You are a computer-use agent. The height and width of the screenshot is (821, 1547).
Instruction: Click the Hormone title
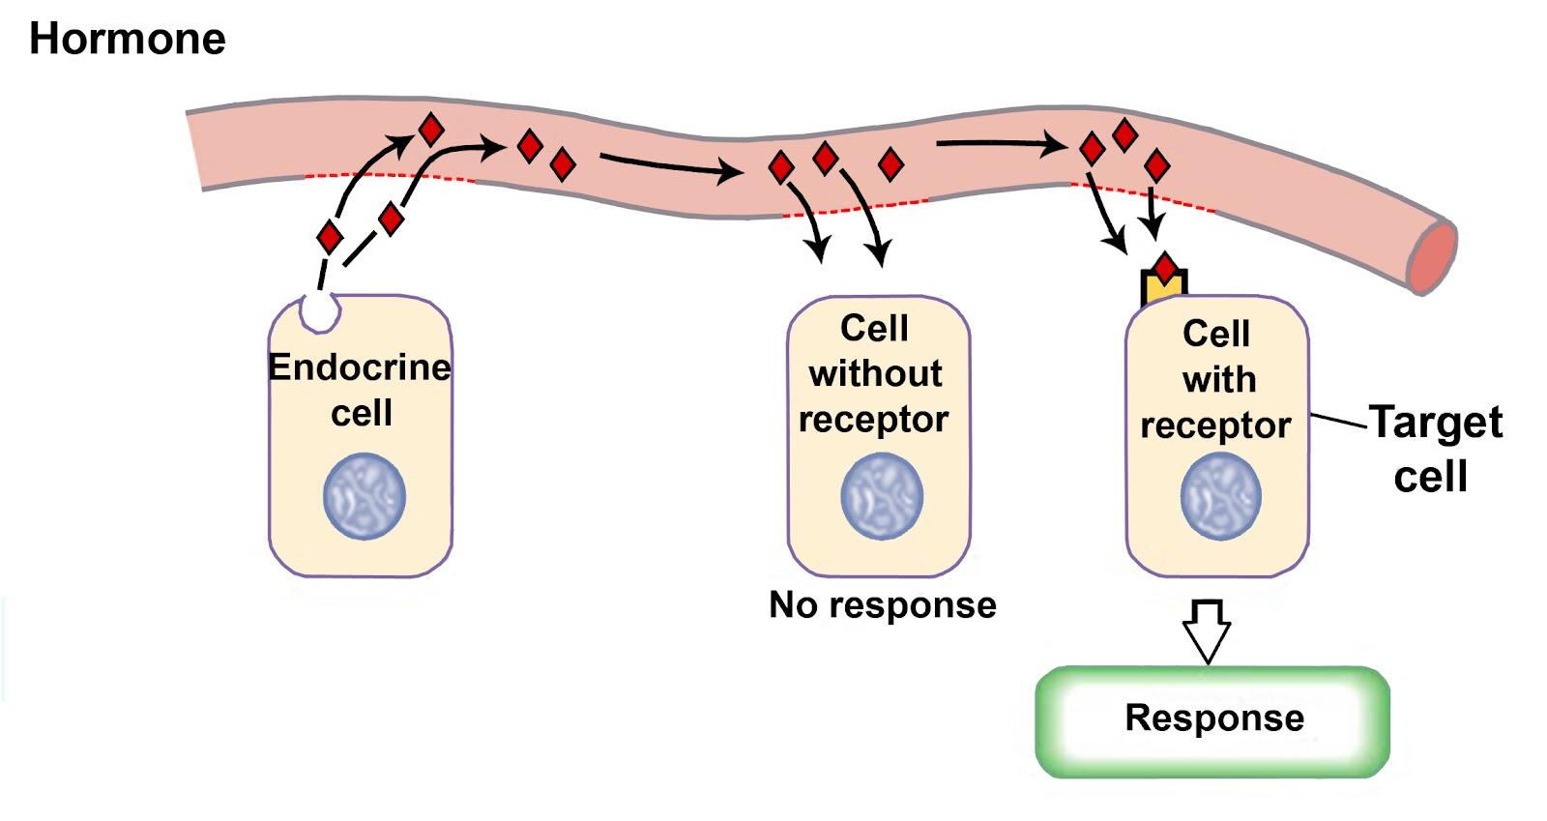[127, 40]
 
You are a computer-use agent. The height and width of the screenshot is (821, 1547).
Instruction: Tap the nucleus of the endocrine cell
[364, 497]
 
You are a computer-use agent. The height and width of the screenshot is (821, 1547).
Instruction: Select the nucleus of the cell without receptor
[881, 497]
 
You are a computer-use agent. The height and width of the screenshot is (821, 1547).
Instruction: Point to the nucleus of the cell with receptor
[1220, 497]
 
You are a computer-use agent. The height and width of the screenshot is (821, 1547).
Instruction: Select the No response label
[882, 605]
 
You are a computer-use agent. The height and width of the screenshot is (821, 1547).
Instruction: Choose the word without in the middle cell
[875, 373]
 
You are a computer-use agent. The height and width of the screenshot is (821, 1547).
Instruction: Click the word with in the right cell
[1218, 379]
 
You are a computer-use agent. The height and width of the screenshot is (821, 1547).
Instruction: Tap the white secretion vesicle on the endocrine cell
[320, 310]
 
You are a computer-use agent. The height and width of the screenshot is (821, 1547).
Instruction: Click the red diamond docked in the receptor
[1165, 267]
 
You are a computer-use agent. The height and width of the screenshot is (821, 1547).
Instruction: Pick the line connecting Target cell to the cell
[1339, 421]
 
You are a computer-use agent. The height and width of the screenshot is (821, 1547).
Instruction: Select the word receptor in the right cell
[1215, 425]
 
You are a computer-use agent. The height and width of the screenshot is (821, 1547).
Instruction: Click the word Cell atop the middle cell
[874, 329]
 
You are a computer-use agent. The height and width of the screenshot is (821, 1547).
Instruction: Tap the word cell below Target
[1430, 477]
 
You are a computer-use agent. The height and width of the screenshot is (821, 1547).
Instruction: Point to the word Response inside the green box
[1214, 718]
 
